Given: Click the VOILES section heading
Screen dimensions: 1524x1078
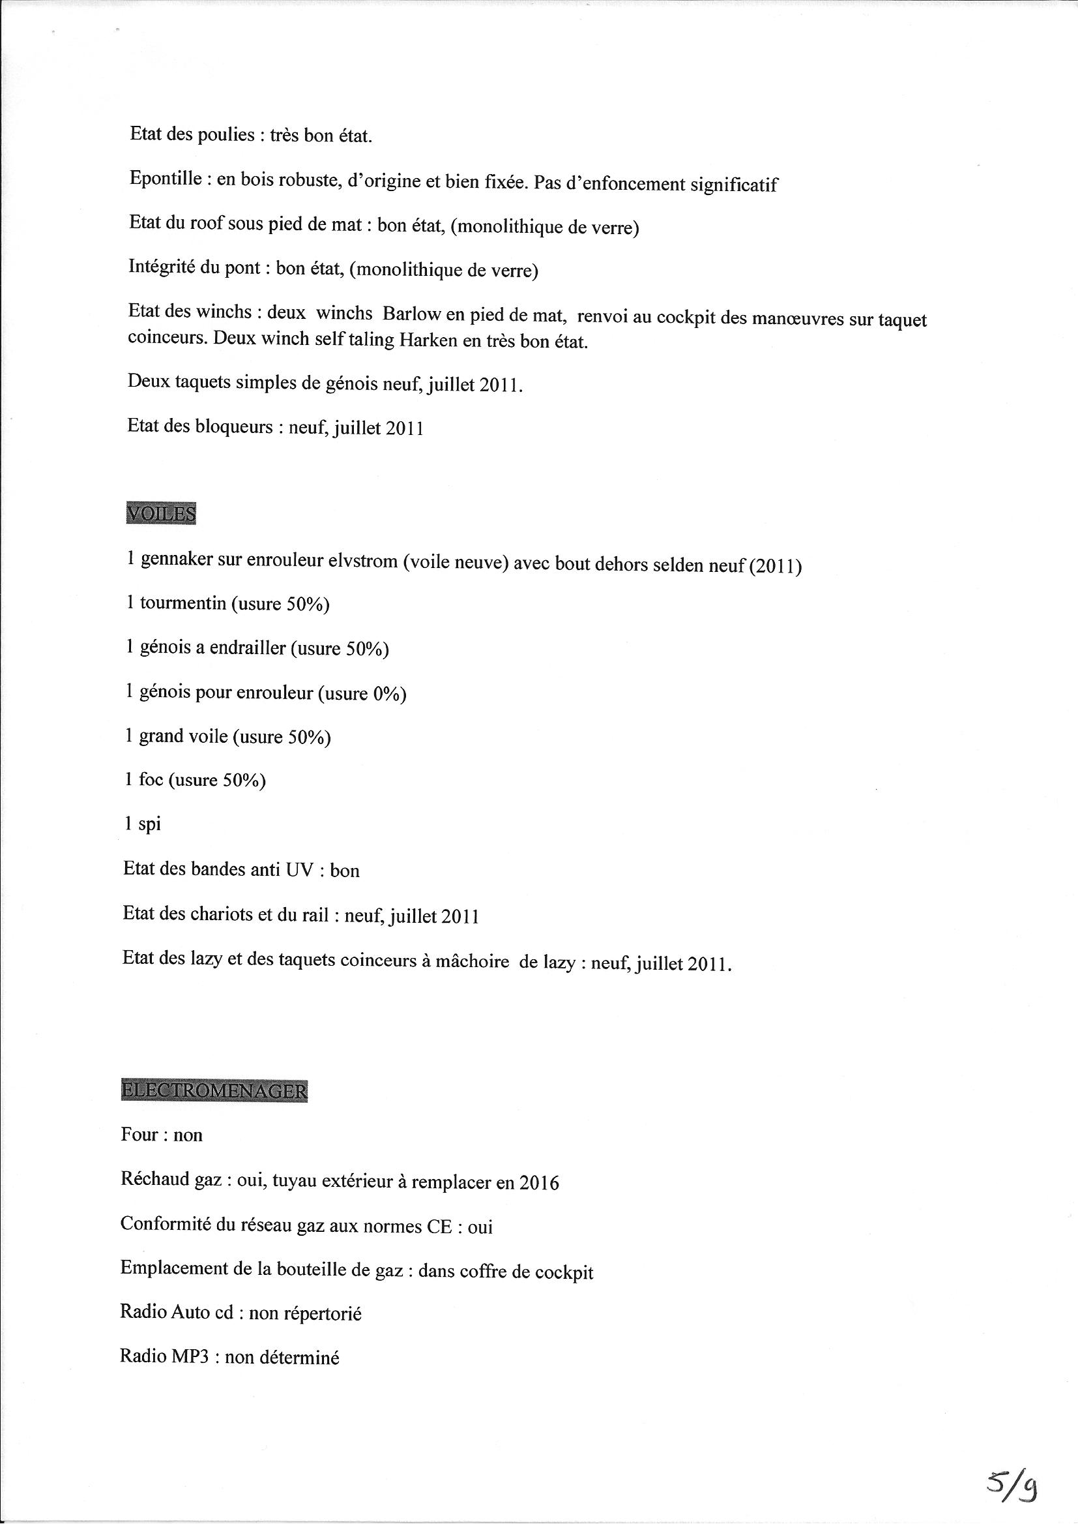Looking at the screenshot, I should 160,514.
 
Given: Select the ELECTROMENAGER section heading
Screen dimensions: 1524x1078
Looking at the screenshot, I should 214,1091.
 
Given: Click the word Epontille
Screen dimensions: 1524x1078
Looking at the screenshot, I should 166,179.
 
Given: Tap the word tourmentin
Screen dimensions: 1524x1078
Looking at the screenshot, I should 182,603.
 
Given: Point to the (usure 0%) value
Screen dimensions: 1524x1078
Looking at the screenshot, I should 362,693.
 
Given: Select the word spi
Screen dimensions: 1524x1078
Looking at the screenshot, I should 149,824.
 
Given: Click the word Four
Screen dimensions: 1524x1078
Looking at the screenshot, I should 139,1135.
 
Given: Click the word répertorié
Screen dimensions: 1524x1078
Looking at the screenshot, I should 322,1313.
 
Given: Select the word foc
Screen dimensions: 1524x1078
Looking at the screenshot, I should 151,779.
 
